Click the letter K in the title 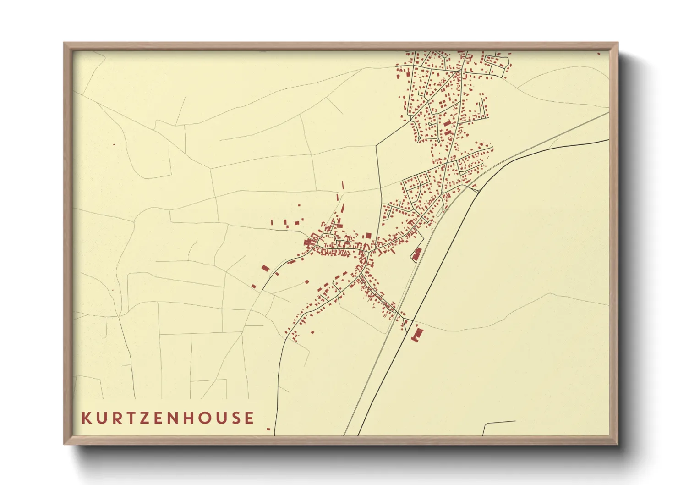(86, 418)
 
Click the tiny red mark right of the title (268, 429)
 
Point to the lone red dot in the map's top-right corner (599, 54)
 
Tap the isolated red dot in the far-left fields (114, 145)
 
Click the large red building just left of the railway (417, 254)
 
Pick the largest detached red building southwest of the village (265, 268)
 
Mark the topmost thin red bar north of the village (342, 186)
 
